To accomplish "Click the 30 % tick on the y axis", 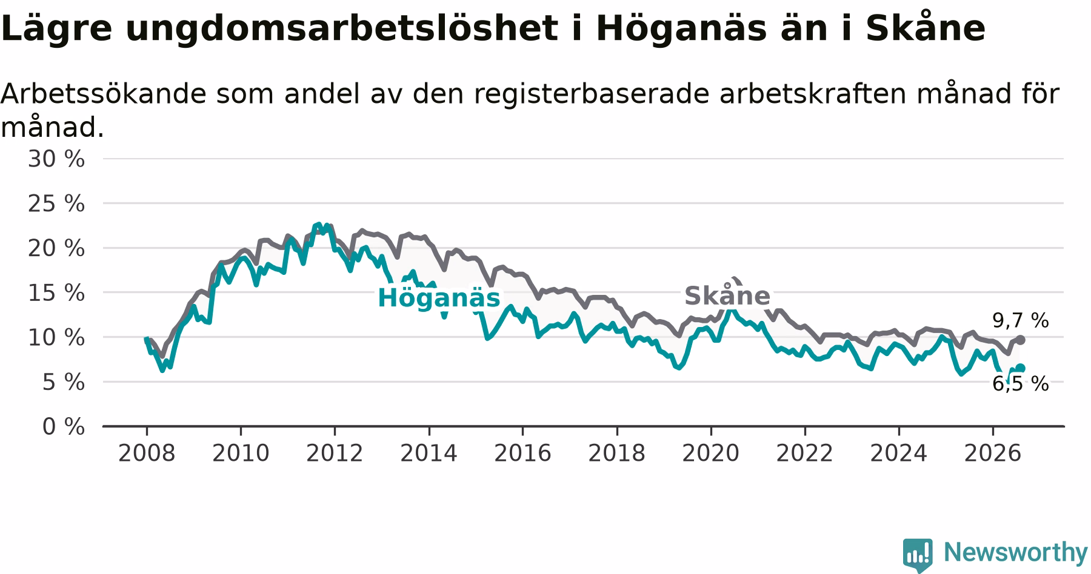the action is [x=56, y=159].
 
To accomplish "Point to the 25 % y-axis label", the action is [x=56, y=204].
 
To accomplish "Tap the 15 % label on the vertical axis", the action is [x=56, y=293].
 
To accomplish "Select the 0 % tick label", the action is [x=64, y=427].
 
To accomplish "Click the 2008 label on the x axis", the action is [x=147, y=454].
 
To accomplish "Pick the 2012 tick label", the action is [x=335, y=454].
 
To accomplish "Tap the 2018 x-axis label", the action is [x=617, y=454].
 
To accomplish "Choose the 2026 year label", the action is [x=993, y=454].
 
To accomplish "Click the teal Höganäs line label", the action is [x=439, y=299].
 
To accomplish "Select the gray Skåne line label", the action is [x=727, y=295].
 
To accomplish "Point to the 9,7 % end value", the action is [x=1021, y=321].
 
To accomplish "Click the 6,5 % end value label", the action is [x=1021, y=384].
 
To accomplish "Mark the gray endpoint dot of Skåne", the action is [x=1021, y=340].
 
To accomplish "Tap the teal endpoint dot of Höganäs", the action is [x=1021, y=368].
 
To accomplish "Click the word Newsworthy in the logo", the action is [x=1016, y=552].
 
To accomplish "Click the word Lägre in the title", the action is [x=57, y=29].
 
